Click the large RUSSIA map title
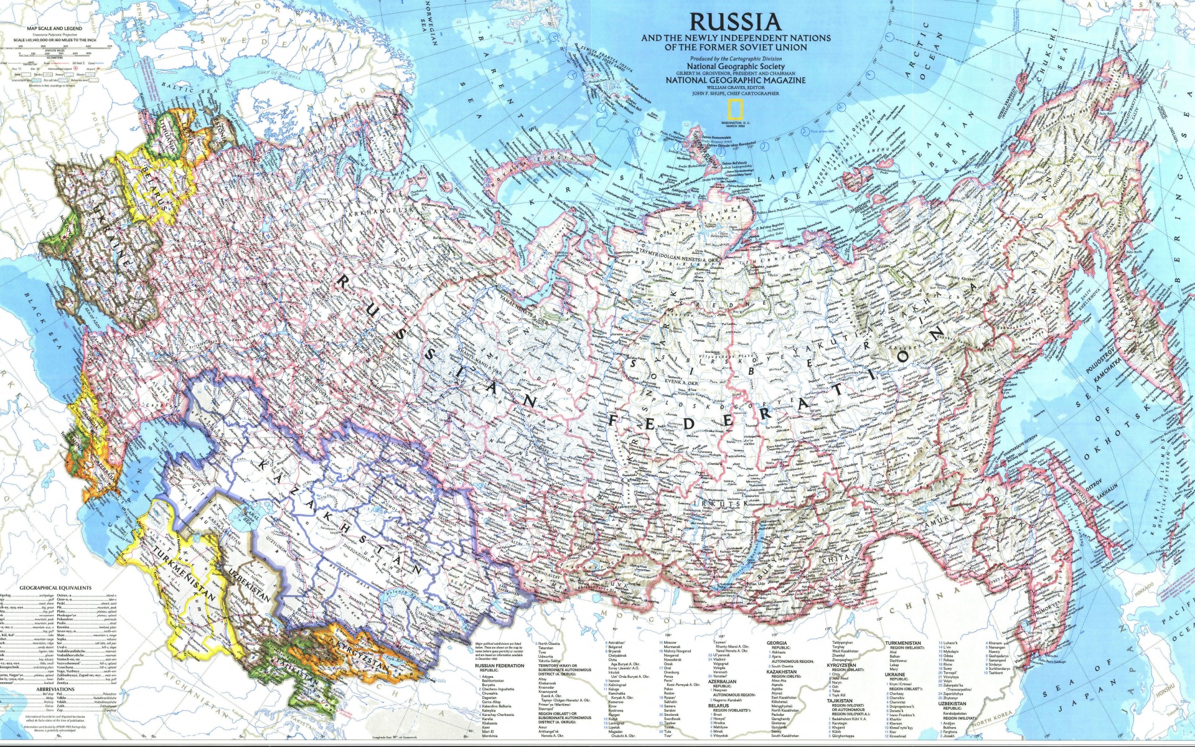(x=735, y=22)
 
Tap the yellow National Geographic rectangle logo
(x=736, y=110)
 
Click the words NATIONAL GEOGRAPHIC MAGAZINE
(x=735, y=80)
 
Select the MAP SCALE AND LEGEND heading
(x=54, y=29)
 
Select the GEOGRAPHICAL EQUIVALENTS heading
(x=55, y=588)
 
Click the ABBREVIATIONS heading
(x=55, y=689)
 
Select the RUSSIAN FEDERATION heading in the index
(x=499, y=665)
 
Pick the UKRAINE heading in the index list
(x=894, y=675)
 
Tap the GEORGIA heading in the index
(x=777, y=643)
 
